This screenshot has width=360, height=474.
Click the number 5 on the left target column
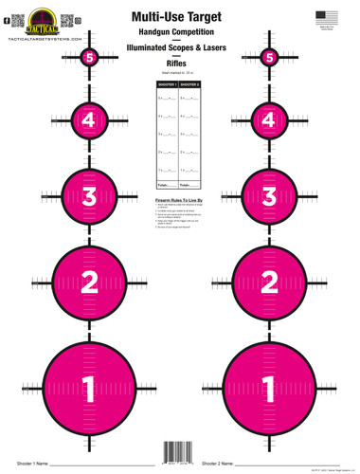(90, 58)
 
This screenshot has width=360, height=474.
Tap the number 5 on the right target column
(270, 58)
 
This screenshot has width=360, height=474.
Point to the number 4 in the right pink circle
(270, 120)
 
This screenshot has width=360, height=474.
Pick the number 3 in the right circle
(270, 196)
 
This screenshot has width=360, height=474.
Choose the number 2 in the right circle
(270, 281)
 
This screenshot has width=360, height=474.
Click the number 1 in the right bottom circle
(270, 387)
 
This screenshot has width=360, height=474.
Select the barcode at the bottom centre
(180, 452)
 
